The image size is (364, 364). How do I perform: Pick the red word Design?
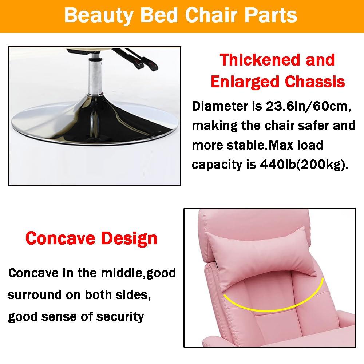click(x=129, y=238)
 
